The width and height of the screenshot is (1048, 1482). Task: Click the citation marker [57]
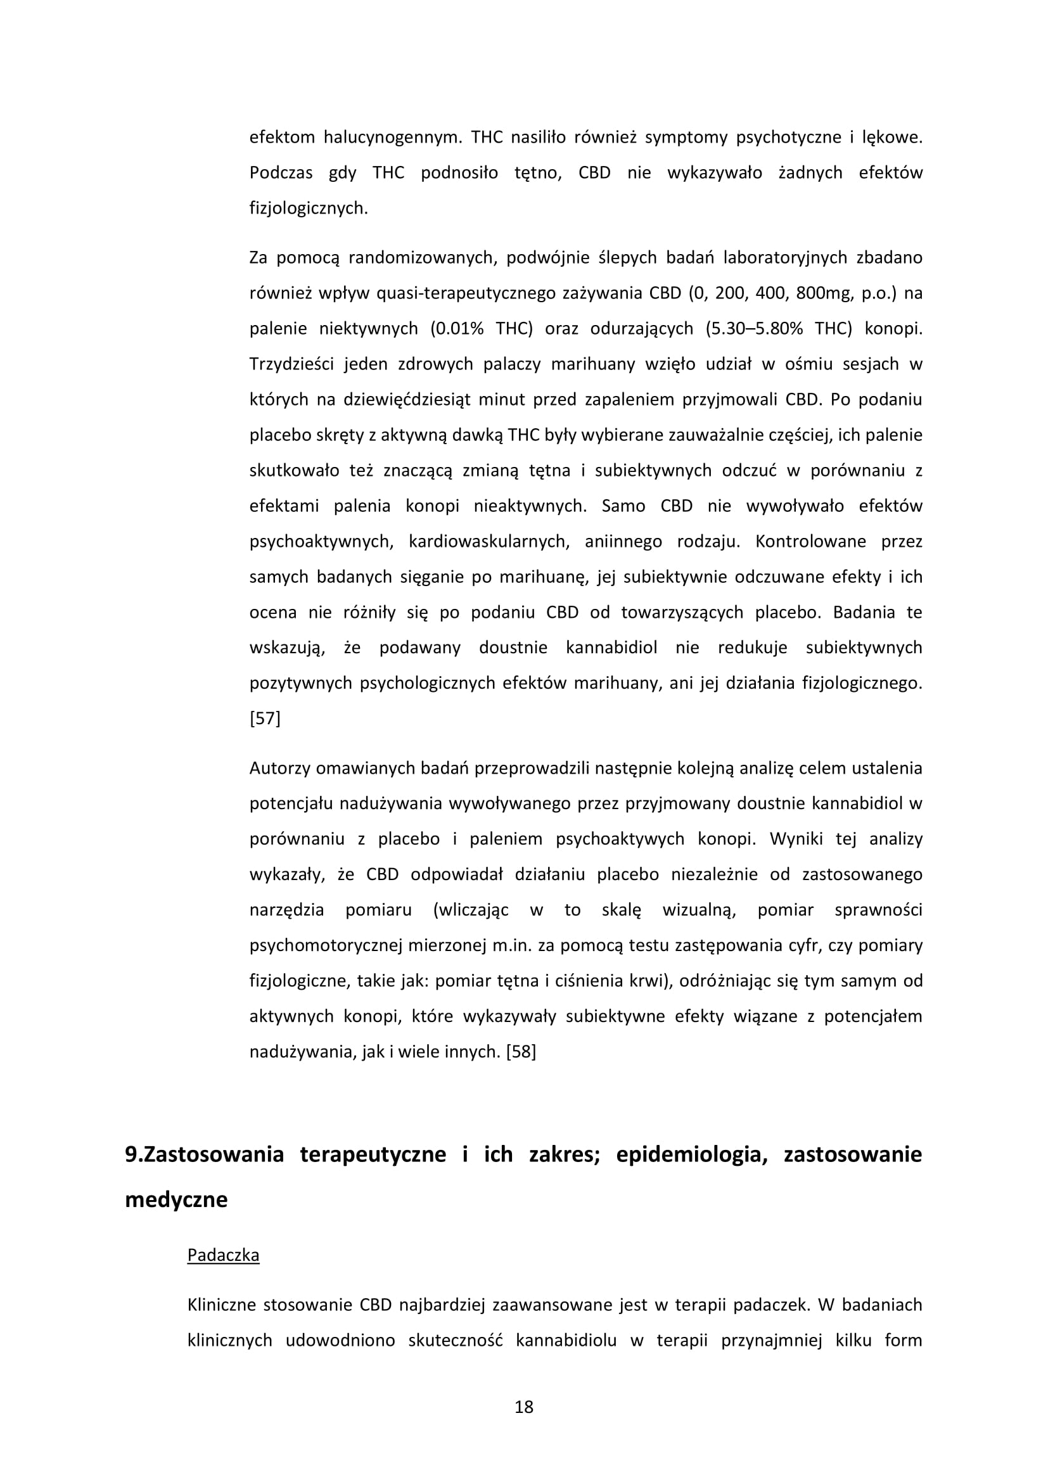point(265,719)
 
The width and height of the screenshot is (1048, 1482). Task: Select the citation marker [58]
point(521,1052)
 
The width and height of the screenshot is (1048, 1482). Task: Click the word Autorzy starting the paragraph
point(278,769)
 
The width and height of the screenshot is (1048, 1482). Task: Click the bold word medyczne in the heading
point(176,1199)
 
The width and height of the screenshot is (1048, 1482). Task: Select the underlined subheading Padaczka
point(223,1255)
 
